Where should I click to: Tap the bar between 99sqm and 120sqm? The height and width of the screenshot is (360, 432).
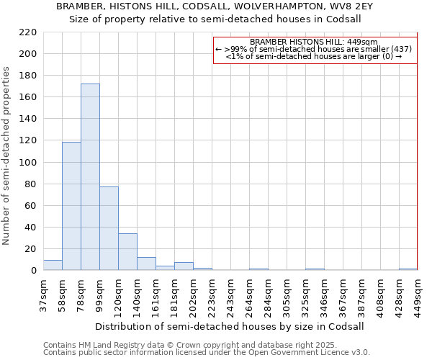(x=109, y=228)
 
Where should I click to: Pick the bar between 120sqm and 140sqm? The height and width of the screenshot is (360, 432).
(x=127, y=252)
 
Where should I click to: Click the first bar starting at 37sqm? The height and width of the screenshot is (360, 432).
(x=53, y=265)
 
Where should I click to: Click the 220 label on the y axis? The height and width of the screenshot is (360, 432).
(x=28, y=32)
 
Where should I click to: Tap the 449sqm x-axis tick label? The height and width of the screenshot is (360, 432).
(x=418, y=294)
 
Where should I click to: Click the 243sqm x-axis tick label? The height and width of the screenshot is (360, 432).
(x=231, y=294)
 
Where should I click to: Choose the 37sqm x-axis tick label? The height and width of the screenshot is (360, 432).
(x=44, y=294)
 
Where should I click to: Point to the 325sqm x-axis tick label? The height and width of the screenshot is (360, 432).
(x=306, y=294)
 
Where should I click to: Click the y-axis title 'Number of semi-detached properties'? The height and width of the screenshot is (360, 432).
(x=6, y=156)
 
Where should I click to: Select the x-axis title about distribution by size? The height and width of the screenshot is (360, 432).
(x=229, y=326)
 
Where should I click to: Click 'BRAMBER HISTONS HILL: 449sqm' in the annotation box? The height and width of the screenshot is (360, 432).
(x=314, y=42)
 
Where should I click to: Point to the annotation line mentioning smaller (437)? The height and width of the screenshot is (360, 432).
(x=314, y=49)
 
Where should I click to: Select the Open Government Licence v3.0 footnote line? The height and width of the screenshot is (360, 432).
(x=207, y=352)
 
